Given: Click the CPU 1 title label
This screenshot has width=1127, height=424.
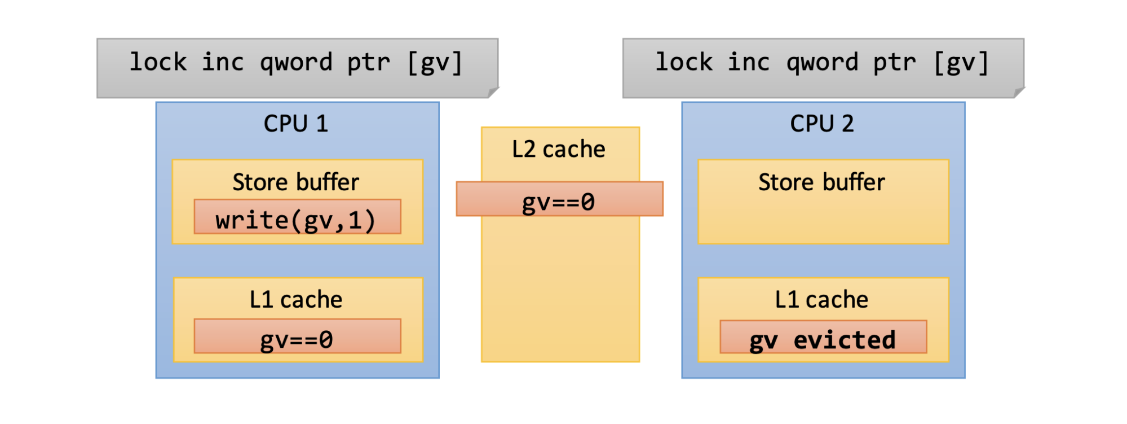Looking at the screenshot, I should (x=296, y=124).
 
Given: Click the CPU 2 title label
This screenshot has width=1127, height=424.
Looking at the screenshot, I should (x=822, y=124).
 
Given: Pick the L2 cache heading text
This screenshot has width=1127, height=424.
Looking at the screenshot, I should (x=559, y=149).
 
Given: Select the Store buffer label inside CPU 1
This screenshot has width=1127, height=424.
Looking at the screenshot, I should (x=296, y=182).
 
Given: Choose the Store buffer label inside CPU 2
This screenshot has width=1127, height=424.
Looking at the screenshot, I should (x=822, y=182).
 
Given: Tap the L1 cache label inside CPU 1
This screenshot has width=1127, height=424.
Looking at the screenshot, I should (x=296, y=300).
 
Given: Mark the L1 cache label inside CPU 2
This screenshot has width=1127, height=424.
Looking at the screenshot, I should (x=822, y=300).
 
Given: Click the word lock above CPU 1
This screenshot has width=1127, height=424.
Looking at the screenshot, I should (x=158, y=62).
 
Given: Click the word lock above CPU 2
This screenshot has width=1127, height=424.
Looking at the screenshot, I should (x=684, y=62).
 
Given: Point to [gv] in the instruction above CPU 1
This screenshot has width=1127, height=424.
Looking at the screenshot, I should (x=434, y=63).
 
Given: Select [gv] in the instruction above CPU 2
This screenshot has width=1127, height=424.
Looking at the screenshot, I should (x=961, y=63).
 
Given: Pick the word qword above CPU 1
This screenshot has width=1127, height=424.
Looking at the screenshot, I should (x=296, y=63).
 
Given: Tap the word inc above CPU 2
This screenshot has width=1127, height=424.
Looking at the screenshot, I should (x=749, y=62).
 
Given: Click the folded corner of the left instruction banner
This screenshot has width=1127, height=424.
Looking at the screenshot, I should (x=493, y=92).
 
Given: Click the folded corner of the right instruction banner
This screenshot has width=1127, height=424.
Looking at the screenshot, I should (x=1019, y=92).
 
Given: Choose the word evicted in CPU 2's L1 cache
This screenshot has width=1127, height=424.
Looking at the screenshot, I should (x=845, y=340).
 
